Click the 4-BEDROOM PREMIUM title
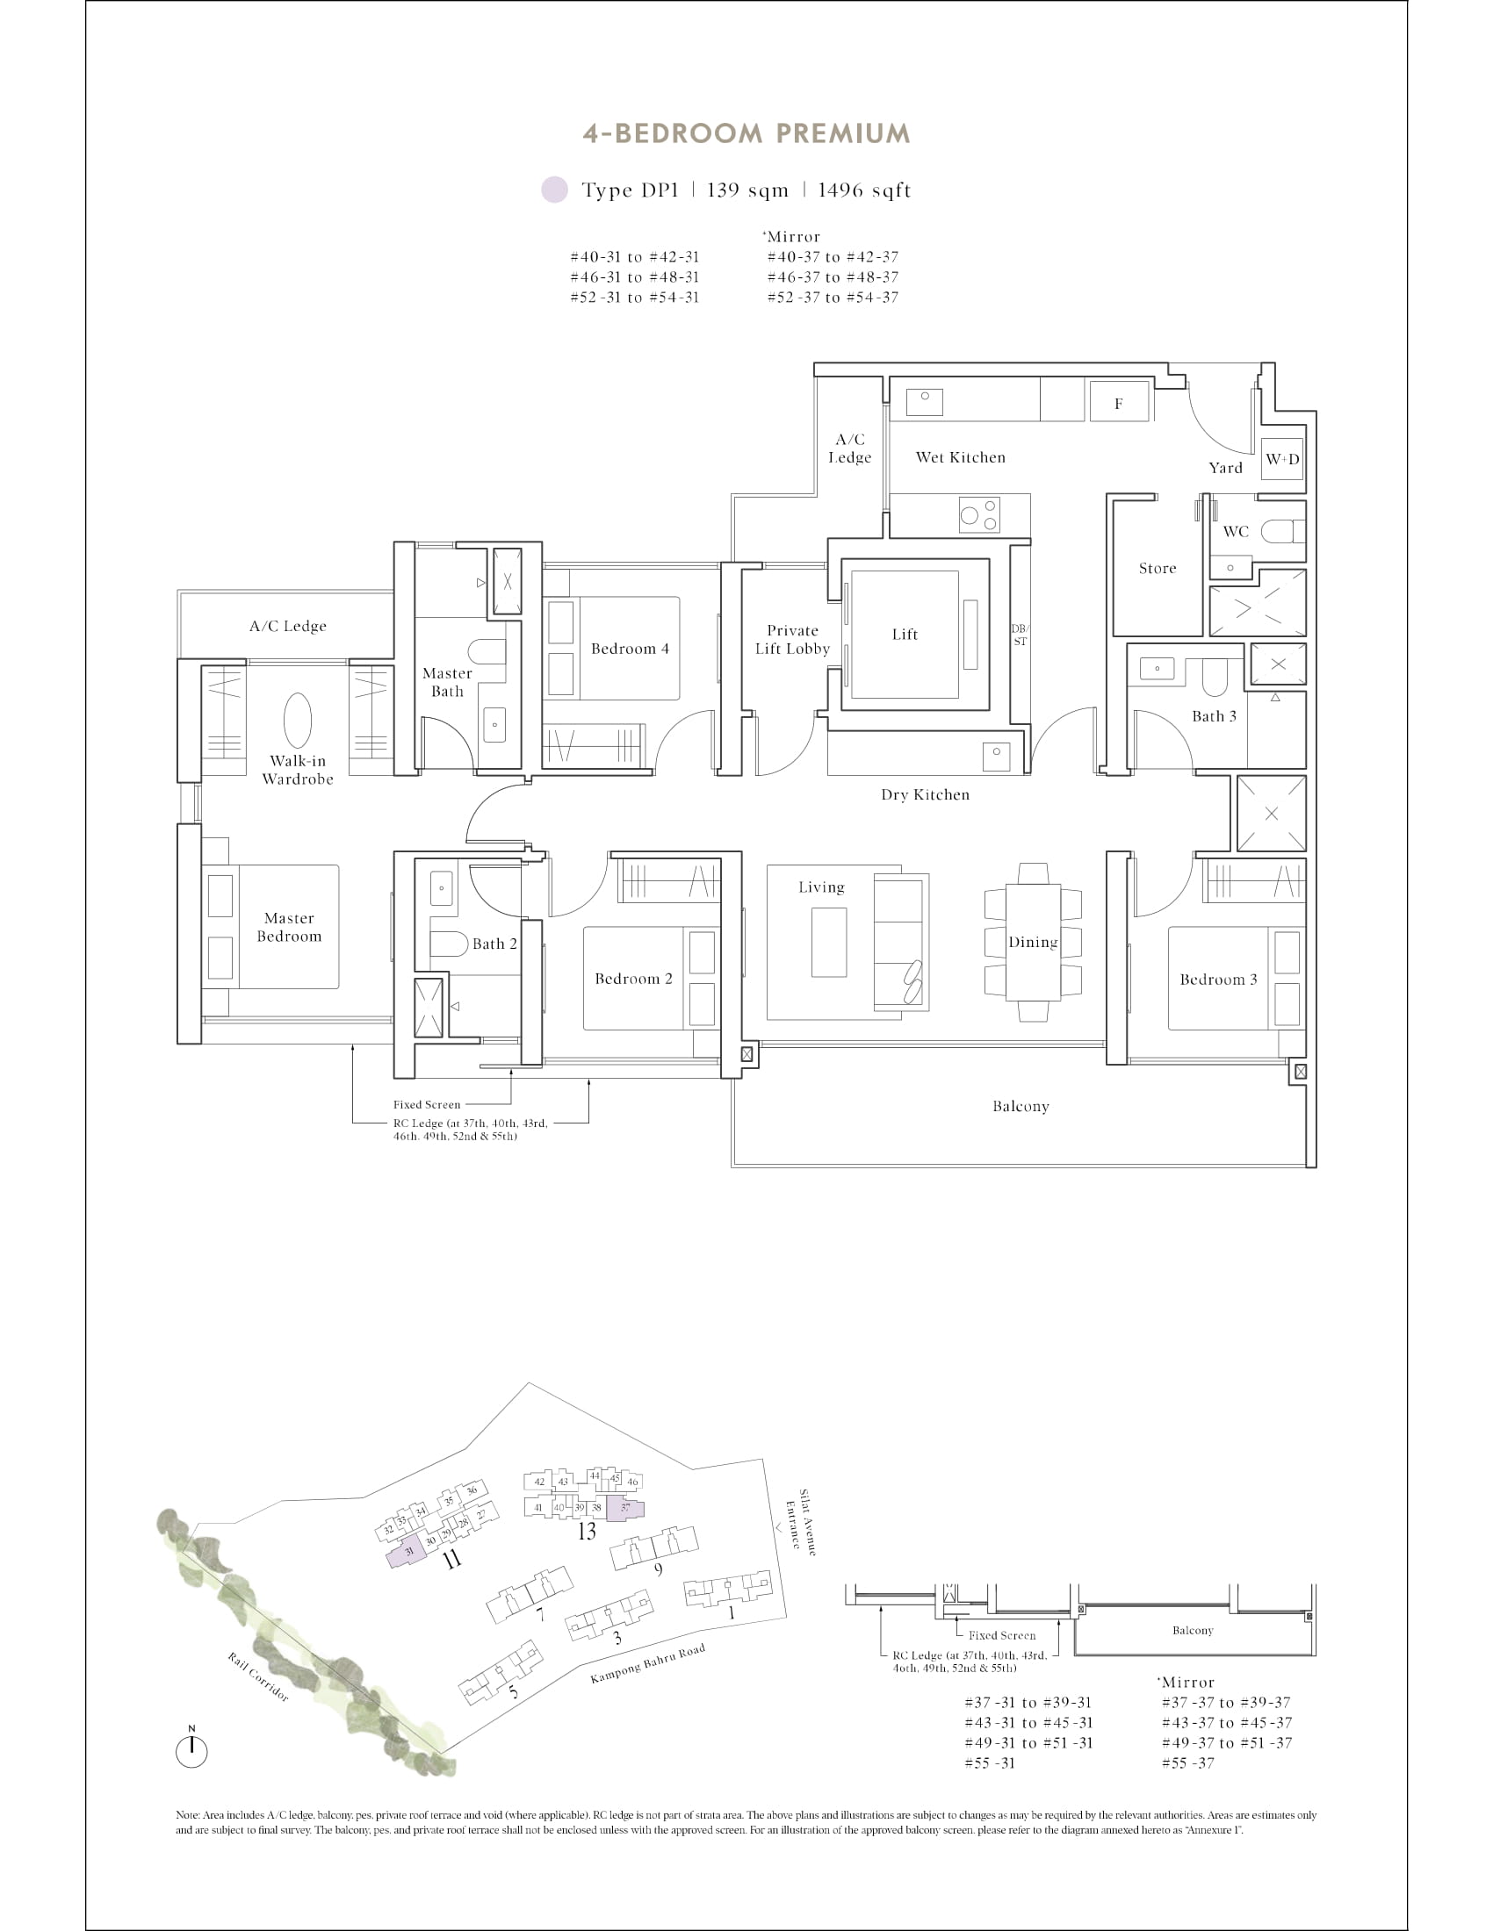pyautogui.click(x=746, y=133)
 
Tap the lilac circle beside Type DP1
pyautogui.click(x=554, y=190)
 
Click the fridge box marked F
pyautogui.click(x=1119, y=403)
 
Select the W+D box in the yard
pyautogui.click(x=1281, y=459)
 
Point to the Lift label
pyautogui.click(x=904, y=634)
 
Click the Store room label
pyautogui.click(x=1157, y=569)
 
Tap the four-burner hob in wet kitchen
pyautogui.click(x=979, y=514)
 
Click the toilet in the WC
pyautogui.click(x=1280, y=531)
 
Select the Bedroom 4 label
pyautogui.click(x=630, y=649)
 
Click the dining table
pyautogui.click(x=1033, y=941)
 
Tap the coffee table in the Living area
pyautogui.click(x=829, y=942)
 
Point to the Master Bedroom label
pyautogui.click(x=289, y=928)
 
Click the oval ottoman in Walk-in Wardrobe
pyautogui.click(x=297, y=721)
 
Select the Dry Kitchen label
pyautogui.click(x=924, y=795)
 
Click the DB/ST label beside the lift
pyautogui.click(x=1020, y=635)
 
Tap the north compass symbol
pyautogui.click(x=191, y=1749)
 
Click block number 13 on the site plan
pyautogui.click(x=587, y=1531)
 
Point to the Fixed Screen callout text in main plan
pyautogui.click(x=426, y=1104)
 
